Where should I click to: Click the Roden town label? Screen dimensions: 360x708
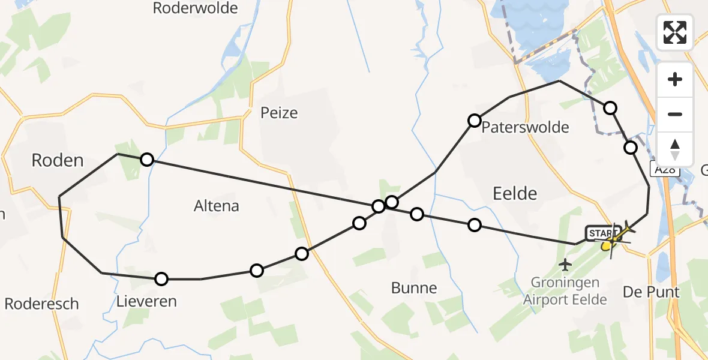point(57,160)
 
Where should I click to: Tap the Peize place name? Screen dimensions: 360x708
point(279,113)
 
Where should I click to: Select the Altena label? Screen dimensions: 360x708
point(217,206)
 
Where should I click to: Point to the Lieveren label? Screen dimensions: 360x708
point(148,301)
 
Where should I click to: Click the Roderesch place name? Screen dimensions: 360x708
point(41,304)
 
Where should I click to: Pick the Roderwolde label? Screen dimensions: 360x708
point(196,8)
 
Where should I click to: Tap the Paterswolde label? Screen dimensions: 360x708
point(525,127)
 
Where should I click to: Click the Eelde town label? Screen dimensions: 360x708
point(515,193)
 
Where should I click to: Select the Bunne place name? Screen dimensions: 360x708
point(414,288)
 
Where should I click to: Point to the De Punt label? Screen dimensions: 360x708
point(651,292)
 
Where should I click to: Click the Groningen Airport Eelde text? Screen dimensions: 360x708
point(565,291)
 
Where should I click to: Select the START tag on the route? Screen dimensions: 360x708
point(601,233)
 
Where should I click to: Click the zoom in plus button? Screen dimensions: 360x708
point(675,80)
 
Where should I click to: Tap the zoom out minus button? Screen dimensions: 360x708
point(675,114)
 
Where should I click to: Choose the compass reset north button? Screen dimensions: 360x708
point(675,149)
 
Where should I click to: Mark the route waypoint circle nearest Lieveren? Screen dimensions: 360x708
point(161,278)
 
